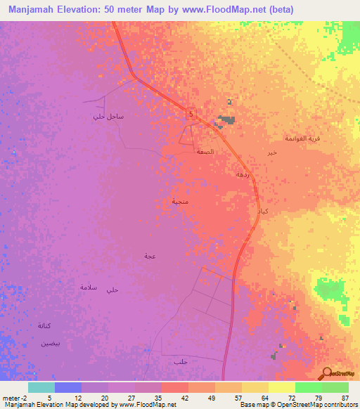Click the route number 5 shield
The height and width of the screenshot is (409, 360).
click(191, 112)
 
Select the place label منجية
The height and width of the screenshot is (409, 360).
click(180, 202)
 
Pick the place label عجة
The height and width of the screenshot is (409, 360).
click(150, 256)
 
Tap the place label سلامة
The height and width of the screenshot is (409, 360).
click(88, 287)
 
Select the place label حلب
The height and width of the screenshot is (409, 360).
click(179, 361)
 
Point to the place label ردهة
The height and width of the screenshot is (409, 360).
click(243, 173)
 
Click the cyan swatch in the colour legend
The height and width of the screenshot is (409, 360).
click(41, 387)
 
